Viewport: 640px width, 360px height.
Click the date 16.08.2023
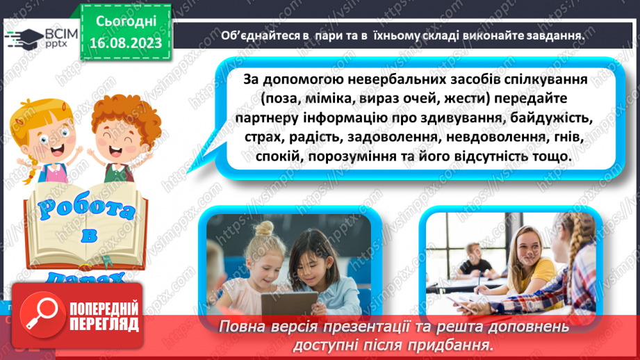125,43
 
